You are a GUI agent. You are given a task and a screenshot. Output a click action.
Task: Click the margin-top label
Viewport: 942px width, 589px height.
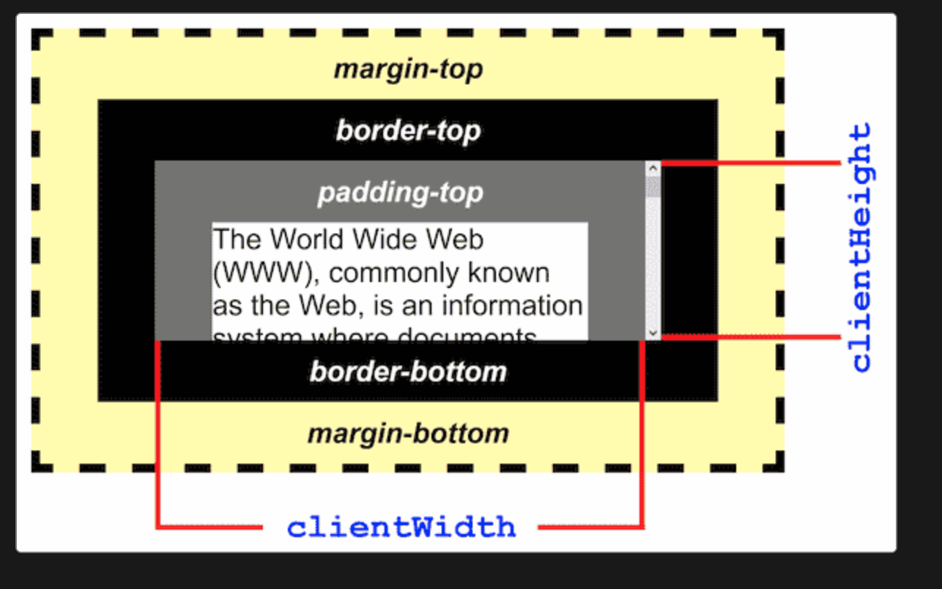pyautogui.click(x=408, y=69)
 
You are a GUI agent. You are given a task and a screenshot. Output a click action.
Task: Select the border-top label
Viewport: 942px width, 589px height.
pyautogui.click(x=408, y=131)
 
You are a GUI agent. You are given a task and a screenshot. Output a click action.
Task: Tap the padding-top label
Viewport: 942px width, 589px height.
pyautogui.click(x=400, y=193)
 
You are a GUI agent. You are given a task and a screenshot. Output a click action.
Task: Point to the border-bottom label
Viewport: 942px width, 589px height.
pyautogui.click(x=408, y=371)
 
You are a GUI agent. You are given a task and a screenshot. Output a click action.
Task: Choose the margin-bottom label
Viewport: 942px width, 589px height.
pyautogui.click(x=408, y=433)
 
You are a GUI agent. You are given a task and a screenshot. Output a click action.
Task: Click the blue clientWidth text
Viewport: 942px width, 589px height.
pyautogui.click(x=401, y=527)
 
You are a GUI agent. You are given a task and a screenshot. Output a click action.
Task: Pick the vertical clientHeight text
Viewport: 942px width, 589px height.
pyautogui.click(x=861, y=248)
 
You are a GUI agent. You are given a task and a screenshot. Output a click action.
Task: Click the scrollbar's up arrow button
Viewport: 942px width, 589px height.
pyautogui.click(x=653, y=168)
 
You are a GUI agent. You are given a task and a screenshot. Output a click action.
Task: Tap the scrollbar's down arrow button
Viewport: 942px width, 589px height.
pyautogui.click(x=653, y=333)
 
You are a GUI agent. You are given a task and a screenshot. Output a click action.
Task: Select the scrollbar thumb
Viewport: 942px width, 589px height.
pyautogui.click(x=653, y=186)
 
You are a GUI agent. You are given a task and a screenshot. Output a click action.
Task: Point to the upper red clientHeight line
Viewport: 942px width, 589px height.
pyautogui.click(x=751, y=163)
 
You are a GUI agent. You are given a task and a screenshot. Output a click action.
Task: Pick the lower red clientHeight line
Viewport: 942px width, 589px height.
pyautogui.click(x=751, y=337)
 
